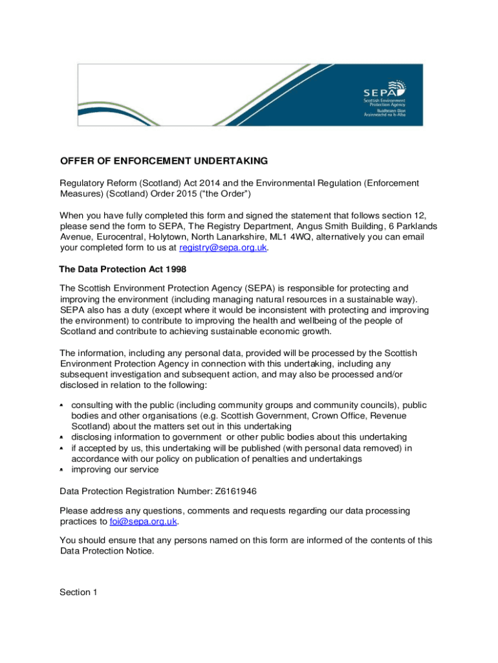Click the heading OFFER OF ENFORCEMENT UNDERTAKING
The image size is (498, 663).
(x=164, y=161)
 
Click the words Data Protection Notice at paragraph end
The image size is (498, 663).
(x=107, y=551)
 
